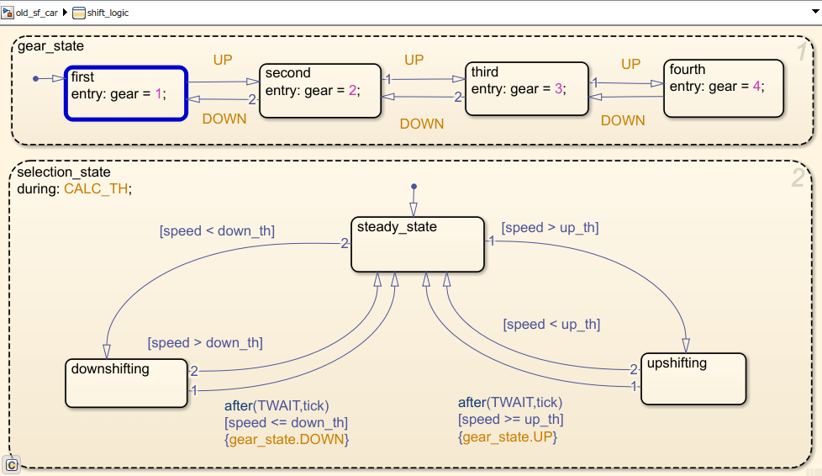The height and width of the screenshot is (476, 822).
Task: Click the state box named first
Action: [126, 93]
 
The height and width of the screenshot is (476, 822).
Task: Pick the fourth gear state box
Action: [724, 87]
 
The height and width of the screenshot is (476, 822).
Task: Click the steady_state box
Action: [418, 245]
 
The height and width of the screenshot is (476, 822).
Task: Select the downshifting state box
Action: [126, 383]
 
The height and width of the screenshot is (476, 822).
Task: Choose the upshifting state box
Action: [693, 378]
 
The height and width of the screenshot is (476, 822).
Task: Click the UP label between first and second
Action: [223, 61]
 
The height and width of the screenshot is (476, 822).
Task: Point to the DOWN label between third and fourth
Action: [623, 120]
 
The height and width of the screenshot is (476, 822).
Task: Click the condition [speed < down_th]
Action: [217, 230]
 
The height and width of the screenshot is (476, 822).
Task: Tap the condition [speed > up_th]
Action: [550, 227]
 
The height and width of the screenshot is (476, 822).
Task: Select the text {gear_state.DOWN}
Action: [286, 439]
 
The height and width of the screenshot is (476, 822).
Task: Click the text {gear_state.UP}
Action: [508, 436]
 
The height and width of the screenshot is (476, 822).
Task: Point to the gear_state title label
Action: [50, 46]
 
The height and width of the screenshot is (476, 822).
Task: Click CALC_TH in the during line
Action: [97, 188]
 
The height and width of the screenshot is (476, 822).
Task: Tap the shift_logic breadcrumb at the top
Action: [108, 13]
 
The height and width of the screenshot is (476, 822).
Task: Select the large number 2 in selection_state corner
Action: [797, 177]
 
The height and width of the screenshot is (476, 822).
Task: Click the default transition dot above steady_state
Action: [414, 186]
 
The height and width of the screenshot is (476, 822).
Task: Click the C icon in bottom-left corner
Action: [12, 464]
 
